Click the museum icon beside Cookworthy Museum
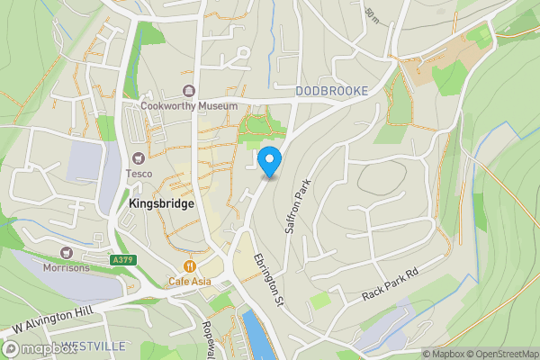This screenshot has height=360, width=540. pos(189,90)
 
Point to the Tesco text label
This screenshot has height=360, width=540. pos(139,174)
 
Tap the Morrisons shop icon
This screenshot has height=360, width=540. pos(66,253)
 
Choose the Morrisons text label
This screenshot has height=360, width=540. pos(66,267)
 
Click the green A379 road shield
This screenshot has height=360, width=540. pos(123,260)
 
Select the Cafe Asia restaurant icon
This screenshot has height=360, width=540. pos(190,266)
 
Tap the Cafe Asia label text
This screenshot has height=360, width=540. pos(190,281)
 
